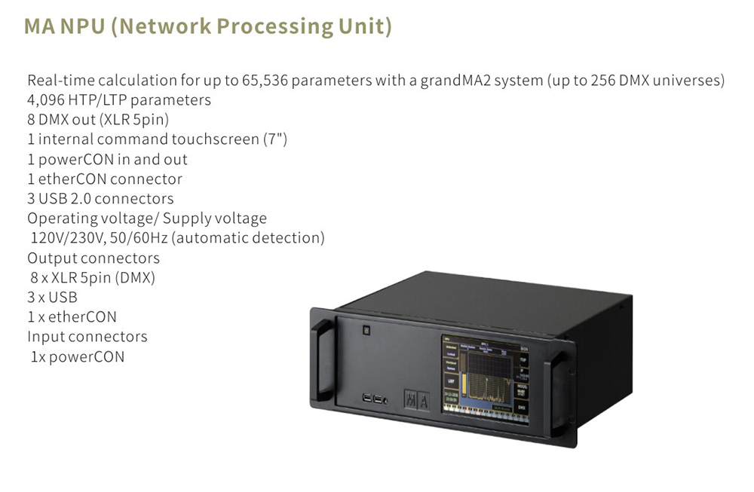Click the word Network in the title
162,27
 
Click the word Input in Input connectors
44,336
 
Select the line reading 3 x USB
52,297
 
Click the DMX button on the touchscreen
522,408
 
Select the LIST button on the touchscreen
451,380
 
